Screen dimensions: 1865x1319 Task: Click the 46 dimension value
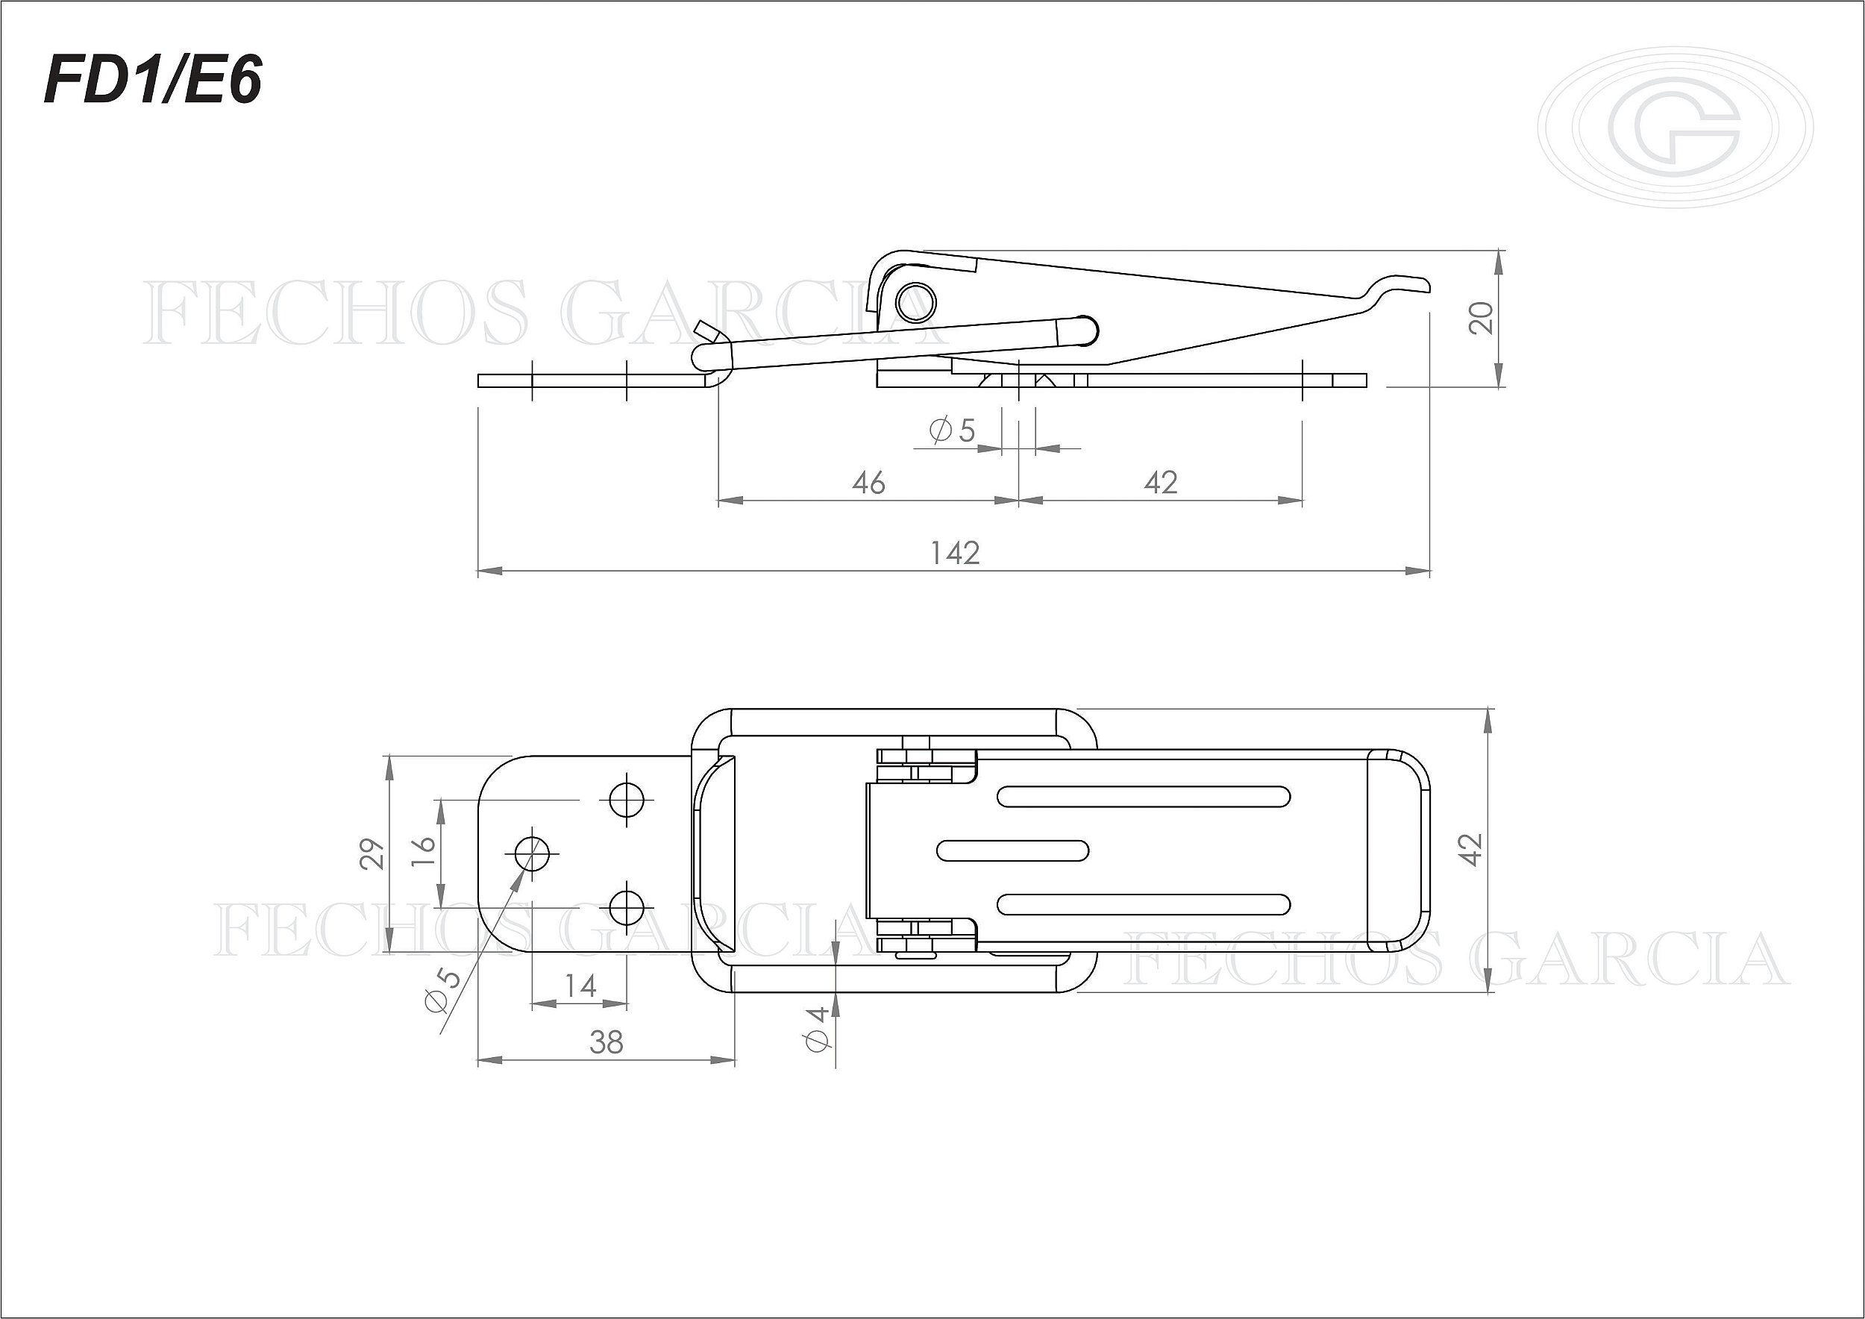[x=868, y=483]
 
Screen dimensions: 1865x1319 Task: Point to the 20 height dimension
[x=1482, y=318]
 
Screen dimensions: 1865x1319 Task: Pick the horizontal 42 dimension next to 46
[x=1161, y=483]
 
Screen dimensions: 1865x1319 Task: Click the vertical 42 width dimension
[x=1471, y=850]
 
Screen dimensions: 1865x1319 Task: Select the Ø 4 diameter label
[x=817, y=1028]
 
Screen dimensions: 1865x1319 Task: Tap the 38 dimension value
[x=606, y=1042]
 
